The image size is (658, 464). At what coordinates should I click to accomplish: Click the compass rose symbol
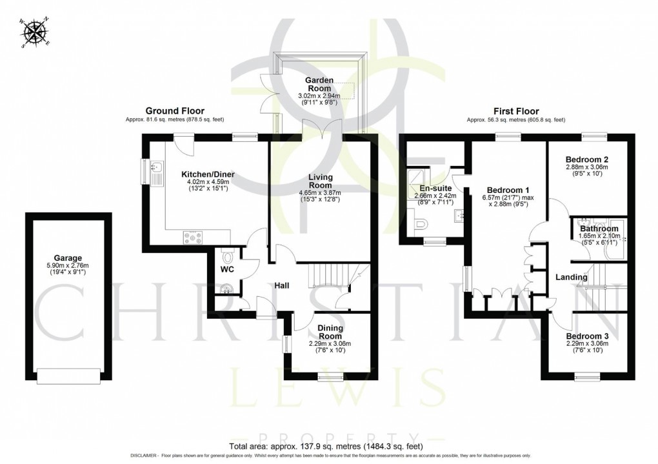click(x=35, y=32)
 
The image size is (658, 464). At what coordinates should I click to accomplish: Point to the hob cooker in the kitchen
click(x=193, y=237)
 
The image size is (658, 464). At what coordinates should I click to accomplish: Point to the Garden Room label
click(x=319, y=84)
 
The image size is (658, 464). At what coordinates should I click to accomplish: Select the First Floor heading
click(x=515, y=111)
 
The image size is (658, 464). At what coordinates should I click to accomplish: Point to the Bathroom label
click(x=598, y=228)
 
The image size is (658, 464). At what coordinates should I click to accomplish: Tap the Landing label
click(x=572, y=277)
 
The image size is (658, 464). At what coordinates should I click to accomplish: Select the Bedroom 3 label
click(x=587, y=336)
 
